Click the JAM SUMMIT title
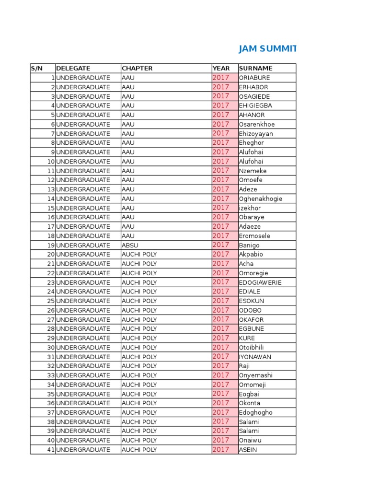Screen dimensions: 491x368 click(x=267, y=49)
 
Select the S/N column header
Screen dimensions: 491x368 click(x=37, y=69)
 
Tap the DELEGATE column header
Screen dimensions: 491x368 click(x=73, y=69)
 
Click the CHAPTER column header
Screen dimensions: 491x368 click(x=137, y=69)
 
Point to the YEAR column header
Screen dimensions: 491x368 click(x=221, y=69)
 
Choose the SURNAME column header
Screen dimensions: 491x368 click(x=256, y=69)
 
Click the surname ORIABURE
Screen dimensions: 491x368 click(x=254, y=78)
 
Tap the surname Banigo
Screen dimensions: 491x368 click(x=249, y=245)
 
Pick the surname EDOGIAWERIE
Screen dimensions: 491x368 click(x=260, y=282)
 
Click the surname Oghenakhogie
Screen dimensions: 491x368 click(x=261, y=199)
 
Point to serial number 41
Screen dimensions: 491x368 click(x=51, y=450)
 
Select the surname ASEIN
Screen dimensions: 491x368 click(x=248, y=450)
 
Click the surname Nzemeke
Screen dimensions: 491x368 click(x=253, y=171)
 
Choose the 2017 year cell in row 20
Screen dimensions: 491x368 click(x=221, y=254)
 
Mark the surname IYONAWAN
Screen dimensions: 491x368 click(x=255, y=357)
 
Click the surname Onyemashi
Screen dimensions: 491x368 click(x=256, y=375)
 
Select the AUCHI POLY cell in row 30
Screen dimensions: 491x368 click(x=139, y=348)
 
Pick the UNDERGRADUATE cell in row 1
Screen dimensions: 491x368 click(x=83, y=78)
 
